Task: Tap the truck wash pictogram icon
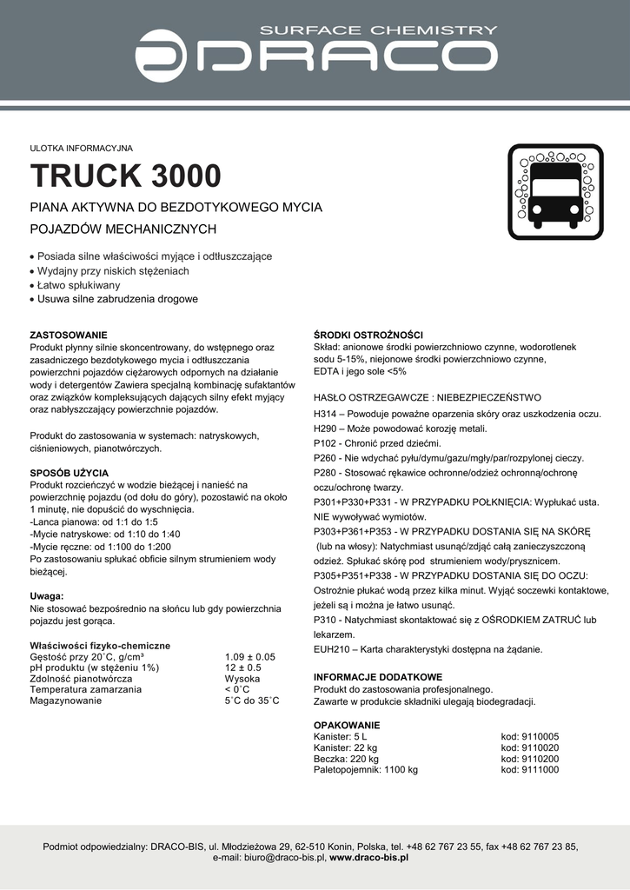pyautogui.click(x=555, y=192)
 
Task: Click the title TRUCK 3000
pyautogui.click(x=126, y=176)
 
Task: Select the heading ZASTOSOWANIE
pyautogui.click(x=69, y=335)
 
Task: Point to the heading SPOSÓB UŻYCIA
pyautogui.click(x=70, y=473)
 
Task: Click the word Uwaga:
pyautogui.click(x=47, y=596)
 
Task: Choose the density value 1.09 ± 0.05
pyautogui.click(x=249, y=657)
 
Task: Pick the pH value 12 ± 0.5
pyautogui.click(x=242, y=667)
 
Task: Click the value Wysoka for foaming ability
pyautogui.click(x=242, y=679)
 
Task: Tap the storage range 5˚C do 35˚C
pyautogui.click(x=251, y=701)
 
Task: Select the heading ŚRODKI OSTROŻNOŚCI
pyautogui.click(x=368, y=335)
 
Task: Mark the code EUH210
pyautogui.click(x=331, y=648)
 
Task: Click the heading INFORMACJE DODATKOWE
pyautogui.click(x=378, y=677)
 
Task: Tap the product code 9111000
pyautogui.click(x=540, y=770)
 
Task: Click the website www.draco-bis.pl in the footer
pyautogui.click(x=368, y=857)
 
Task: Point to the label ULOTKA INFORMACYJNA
pyautogui.click(x=81, y=148)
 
